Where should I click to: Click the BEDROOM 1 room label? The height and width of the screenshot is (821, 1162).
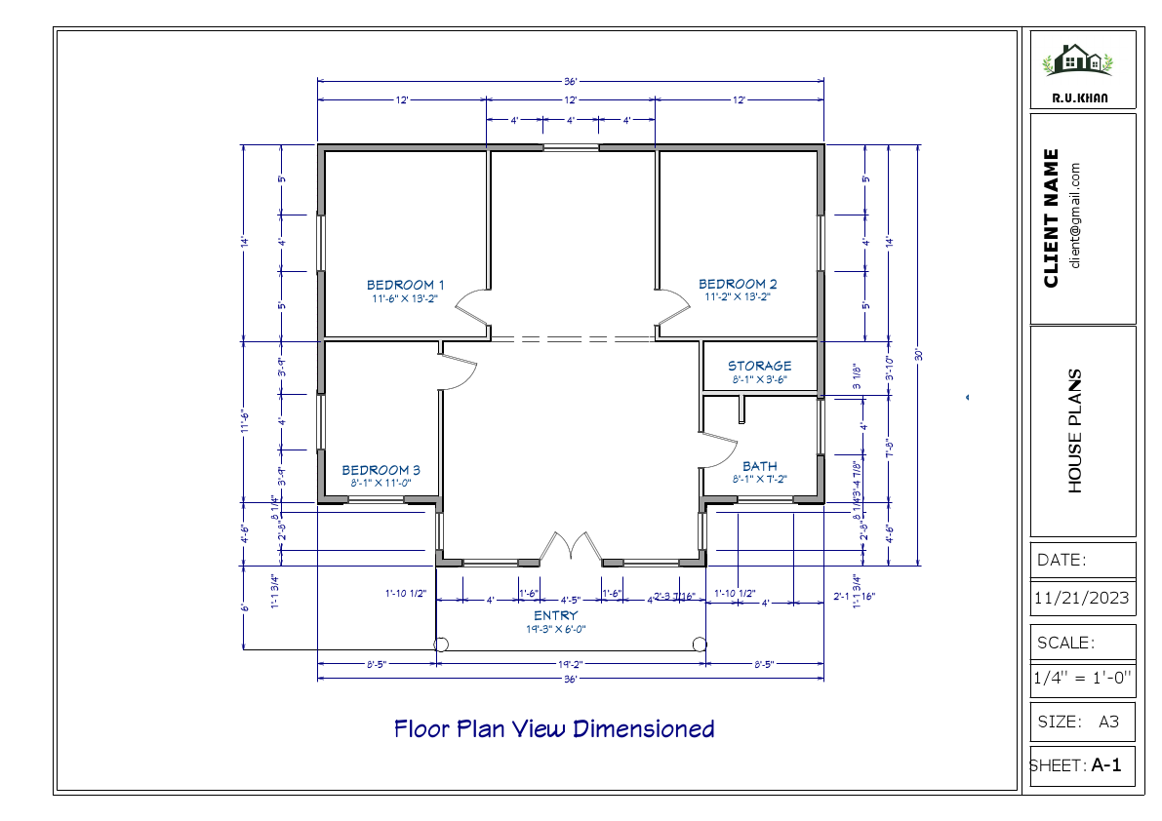click(405, 285)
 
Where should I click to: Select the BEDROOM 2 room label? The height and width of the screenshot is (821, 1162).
click(738, 285)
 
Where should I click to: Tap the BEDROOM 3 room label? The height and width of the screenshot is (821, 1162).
click(381, 470)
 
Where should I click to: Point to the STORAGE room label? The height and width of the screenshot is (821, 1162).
click(759, 367)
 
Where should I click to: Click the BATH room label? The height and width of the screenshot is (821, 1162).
click(759, 467)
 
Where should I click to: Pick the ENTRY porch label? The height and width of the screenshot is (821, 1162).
click(555, 616)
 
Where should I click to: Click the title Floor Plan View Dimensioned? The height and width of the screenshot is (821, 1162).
click(554, 728)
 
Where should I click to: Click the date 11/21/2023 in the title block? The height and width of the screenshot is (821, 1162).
click(1083, 598)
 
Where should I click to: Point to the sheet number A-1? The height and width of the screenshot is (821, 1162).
click(1106, 765)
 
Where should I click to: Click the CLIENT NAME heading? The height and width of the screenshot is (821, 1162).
click(1051, 218)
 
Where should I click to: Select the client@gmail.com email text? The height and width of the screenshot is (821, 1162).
click(1074, 215)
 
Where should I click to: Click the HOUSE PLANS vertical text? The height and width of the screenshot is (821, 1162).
click(1075, 430)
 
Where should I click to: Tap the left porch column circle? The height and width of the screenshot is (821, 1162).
click(440, 645)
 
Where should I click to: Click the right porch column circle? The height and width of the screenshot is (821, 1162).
click(700, 645)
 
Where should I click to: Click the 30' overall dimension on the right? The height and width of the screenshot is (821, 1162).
click(918, 355)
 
